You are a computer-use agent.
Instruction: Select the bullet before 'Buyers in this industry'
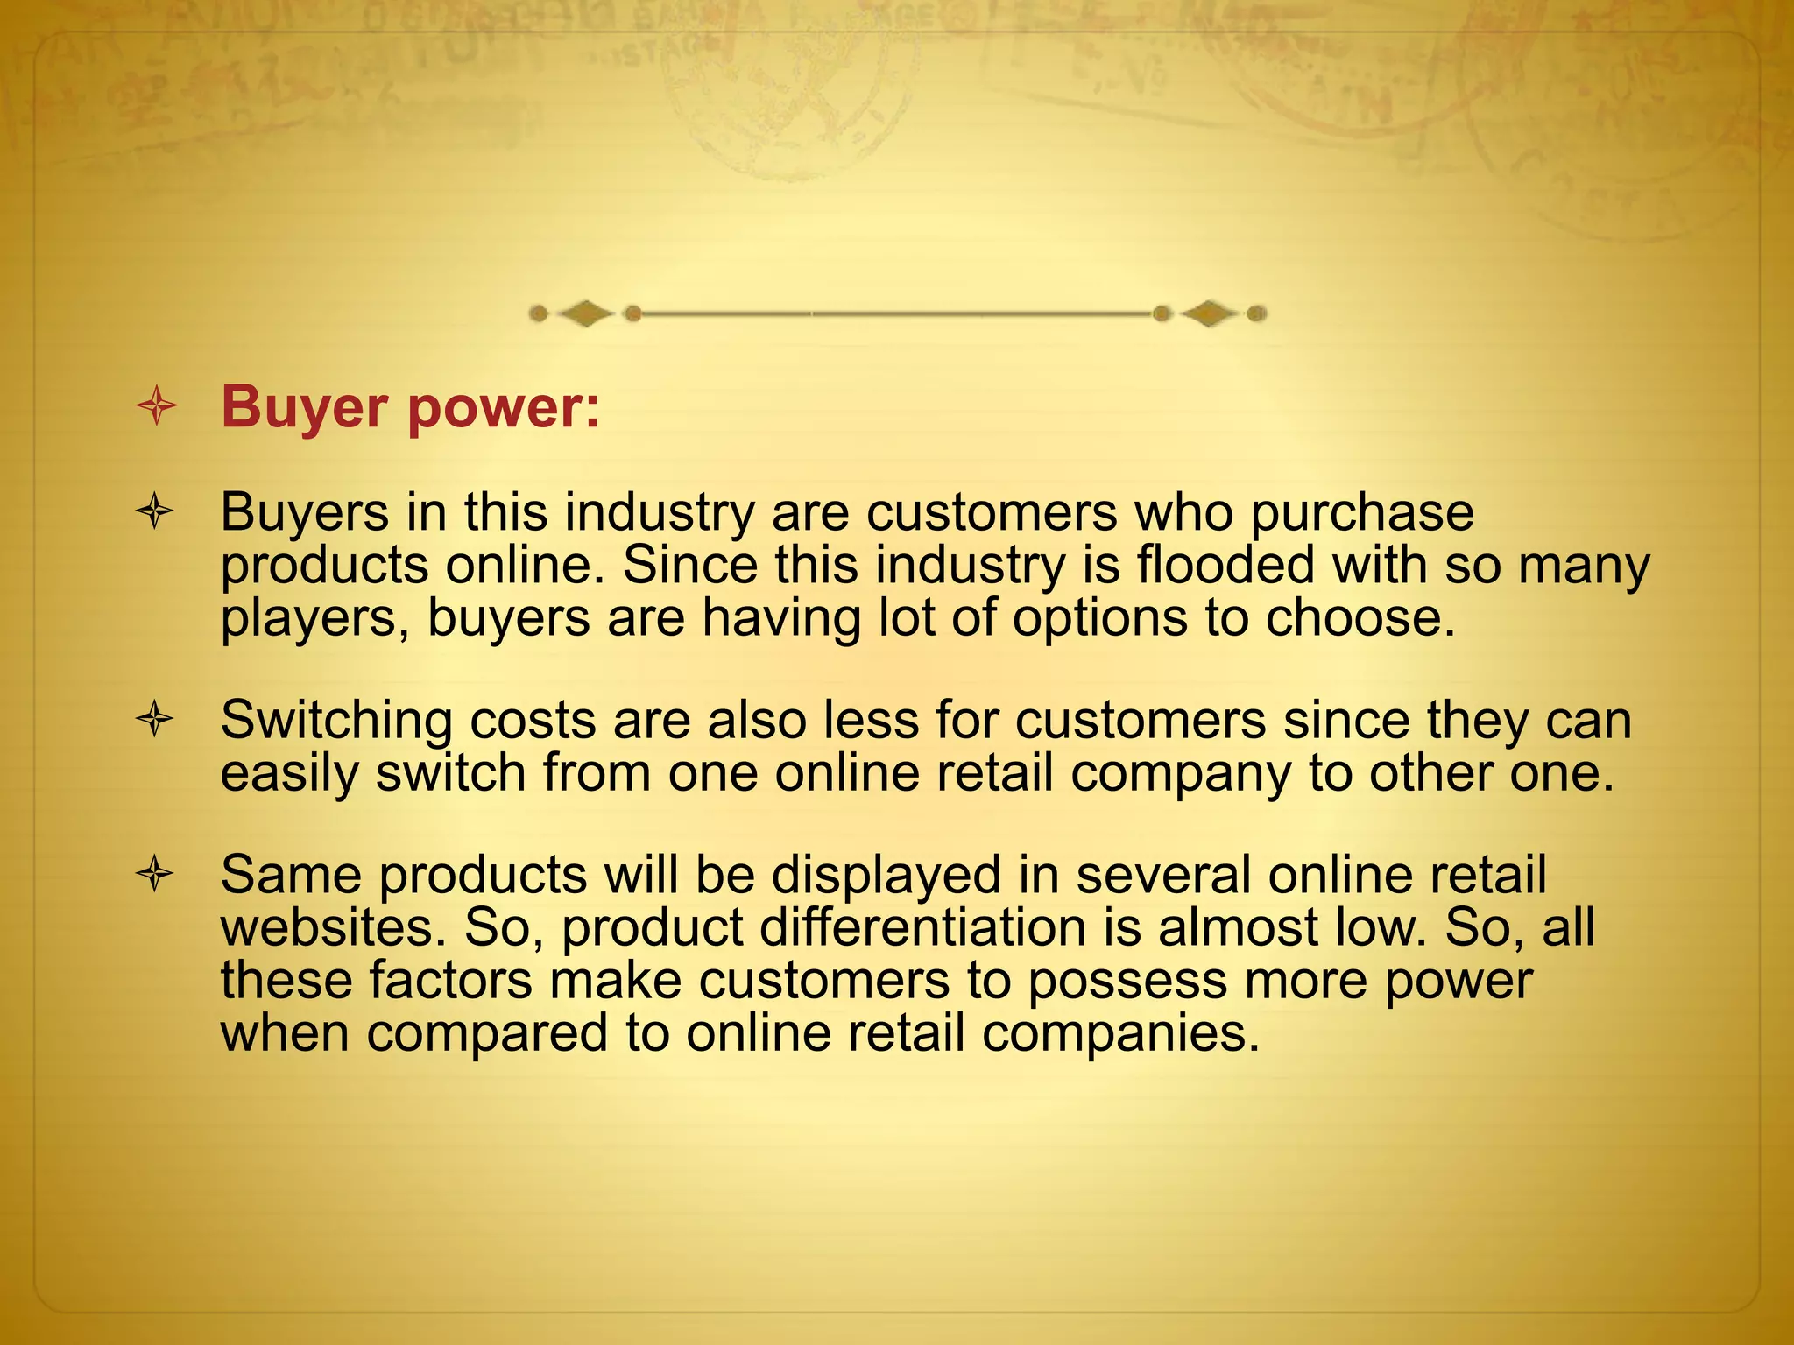(x=155, y=511)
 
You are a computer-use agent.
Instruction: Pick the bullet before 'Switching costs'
(x=155, y=720)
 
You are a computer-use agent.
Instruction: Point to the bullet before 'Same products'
(x=155, y=874)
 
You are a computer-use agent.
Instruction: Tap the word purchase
(x=1362, y=514)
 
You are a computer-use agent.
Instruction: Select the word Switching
(x=336, y=722)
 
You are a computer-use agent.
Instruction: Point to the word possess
(x=1127, y=982)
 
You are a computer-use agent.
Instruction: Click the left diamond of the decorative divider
(x=585, y=313)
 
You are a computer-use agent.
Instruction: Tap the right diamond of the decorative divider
(x=1209, y=313)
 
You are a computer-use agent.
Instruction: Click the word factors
(x=450, y=980)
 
